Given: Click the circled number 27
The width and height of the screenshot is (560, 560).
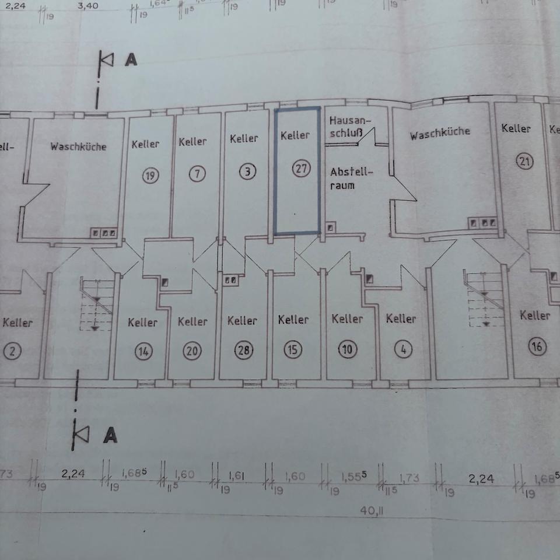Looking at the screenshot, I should (x=302, y=169).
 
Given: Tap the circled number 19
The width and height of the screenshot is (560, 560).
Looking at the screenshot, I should (x=150, y=175).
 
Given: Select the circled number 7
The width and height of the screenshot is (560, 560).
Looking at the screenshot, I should (x=198, y=173).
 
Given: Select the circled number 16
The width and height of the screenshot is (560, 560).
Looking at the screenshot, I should (x=537, y=347).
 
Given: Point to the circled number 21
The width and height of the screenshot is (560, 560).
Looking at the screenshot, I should (x=524, y=162).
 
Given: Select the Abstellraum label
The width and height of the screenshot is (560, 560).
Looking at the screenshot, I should (x=350, y=178).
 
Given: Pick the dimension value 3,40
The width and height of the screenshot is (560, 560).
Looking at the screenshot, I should (x=87, y=7).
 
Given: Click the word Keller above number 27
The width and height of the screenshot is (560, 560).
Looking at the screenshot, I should (x=295, y=136).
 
